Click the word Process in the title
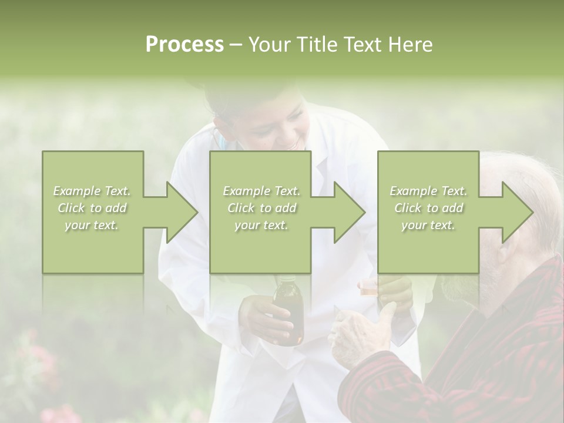(x=184, y=45)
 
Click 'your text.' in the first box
(x=92, y=225)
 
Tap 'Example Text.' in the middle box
(x=261, y=191)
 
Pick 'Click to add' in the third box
(x=429, y=208)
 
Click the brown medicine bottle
(x=288, y=314)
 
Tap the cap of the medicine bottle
(x=286, y=281)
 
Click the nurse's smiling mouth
(x=294, y=142)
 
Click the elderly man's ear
(x=506, y=250)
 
